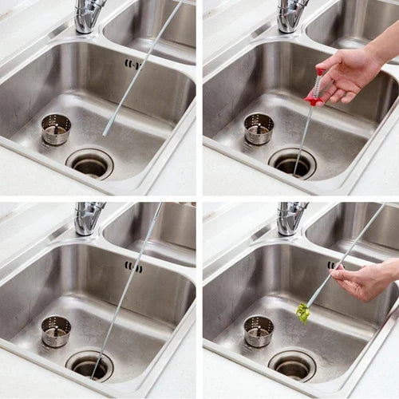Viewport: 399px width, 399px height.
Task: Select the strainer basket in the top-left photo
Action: pyautogui.click(x=56, y=128)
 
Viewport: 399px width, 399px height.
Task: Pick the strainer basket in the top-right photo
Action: pyautogui.click(x=259, y=128)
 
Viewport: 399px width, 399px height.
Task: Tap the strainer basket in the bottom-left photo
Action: pyautogui.click(x=56, y=330)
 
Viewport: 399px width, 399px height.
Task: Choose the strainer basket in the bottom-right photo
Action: pyautogui.click(x=259, y=330)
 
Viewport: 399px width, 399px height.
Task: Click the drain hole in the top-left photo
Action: pyautogui.click(x=89, y=164)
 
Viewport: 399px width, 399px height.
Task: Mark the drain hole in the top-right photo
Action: pyautogui.click(x=292, y=164)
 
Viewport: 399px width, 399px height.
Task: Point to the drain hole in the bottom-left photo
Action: pyautogui.click(x=89, y=365)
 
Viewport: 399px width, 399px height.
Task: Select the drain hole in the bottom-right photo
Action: pyautogui.click(x=292, y=365)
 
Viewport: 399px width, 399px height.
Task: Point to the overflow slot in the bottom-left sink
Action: pyautogui.click(x=133, y=267)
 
